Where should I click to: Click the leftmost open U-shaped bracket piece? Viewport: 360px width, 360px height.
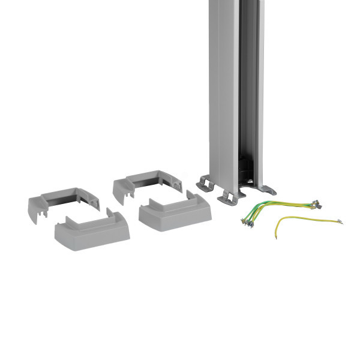pos(62,201)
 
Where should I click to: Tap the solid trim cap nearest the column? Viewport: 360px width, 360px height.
pos(175,214)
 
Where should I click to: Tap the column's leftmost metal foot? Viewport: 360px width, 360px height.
pos(205,183)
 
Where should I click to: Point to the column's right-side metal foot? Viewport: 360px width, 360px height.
pos(268,190)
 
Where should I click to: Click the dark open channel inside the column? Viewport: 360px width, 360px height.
pos(247,90)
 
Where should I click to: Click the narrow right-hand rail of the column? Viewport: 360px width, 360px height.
pos(260,90)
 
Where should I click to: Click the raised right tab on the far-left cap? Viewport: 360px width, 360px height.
pos(110,214)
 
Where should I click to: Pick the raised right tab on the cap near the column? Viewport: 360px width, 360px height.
pos(191,197)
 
